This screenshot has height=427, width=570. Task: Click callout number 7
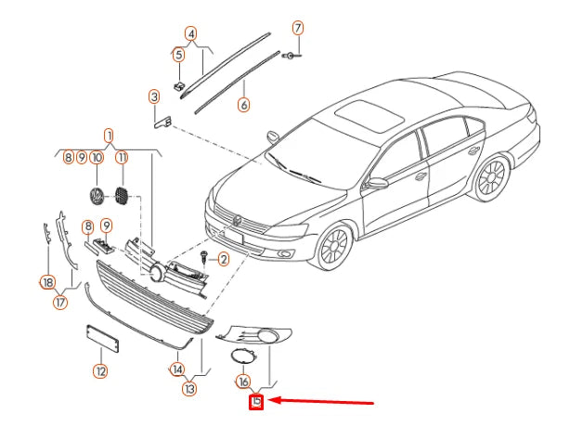298,28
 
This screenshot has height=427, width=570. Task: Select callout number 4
190,33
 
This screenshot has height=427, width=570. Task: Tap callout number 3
154,97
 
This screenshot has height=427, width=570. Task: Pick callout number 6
244,105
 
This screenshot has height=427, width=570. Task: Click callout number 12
100,371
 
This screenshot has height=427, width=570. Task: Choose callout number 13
189,389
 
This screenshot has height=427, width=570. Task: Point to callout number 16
243,382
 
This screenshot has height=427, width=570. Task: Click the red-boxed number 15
256,401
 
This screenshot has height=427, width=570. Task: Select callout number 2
223,259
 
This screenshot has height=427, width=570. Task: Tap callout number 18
48,282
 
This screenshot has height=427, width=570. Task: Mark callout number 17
60,302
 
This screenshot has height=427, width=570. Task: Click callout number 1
109,136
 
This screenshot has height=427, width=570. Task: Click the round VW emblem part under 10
97,196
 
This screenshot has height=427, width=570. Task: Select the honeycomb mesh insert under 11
121,195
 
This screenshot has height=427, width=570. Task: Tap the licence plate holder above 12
102,338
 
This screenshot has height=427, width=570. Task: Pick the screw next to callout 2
203,256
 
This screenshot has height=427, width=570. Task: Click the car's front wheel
334,246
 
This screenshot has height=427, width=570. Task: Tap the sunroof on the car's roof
369,115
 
